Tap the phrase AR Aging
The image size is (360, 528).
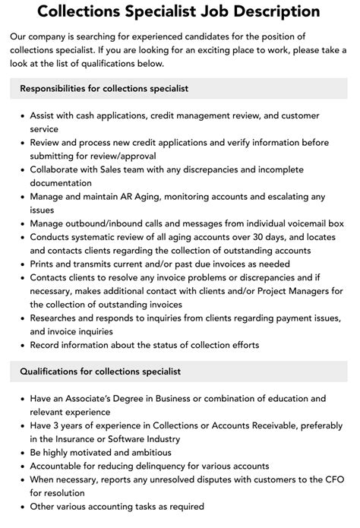(146, 197)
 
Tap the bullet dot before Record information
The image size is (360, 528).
(20, 345)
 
